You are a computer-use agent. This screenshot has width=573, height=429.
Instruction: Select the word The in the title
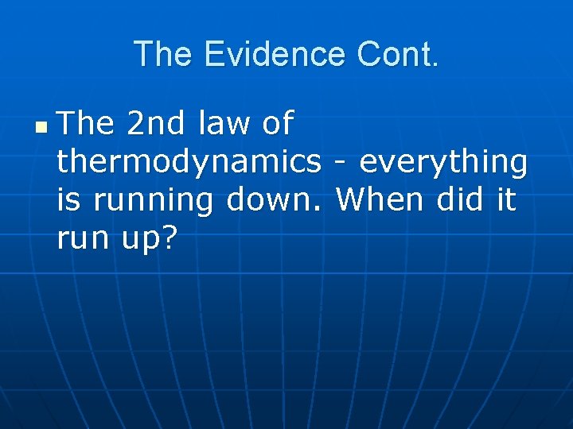tap(164, 55)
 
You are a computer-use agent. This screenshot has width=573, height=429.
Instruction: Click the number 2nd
tap(157, 124)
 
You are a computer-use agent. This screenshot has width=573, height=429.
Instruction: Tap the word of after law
tap(278, 124)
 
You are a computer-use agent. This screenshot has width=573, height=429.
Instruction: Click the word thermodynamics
tap(189, 162)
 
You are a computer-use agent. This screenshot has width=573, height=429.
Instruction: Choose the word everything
tap(443, 162)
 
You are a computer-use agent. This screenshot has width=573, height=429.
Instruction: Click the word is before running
tap(69, 199)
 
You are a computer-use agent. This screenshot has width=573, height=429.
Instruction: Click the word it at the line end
tap(506, 199)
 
